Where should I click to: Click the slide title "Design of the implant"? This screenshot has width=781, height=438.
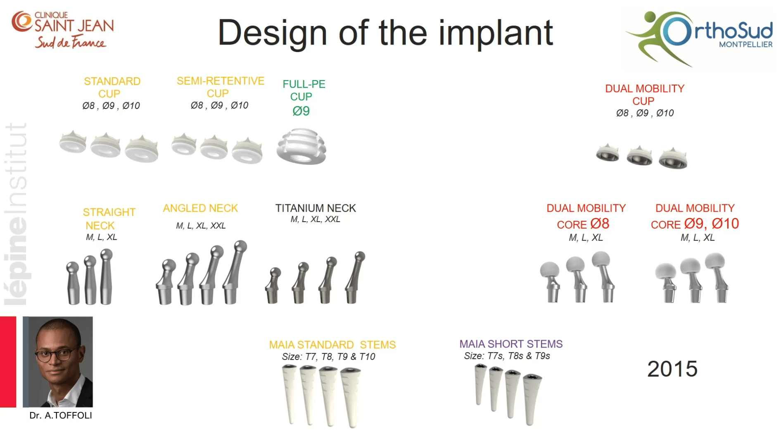click(x=385, y=33)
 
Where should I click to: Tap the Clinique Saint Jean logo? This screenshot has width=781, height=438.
click(x=63, y=30)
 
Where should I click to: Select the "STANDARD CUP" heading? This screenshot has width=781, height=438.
click(x=112, y=88)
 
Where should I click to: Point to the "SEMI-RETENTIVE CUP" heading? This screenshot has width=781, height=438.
click(x=221, y=87)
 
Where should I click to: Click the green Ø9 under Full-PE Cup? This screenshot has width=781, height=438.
click(x=301, y=111)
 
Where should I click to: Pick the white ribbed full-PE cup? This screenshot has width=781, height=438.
click(x=301, y=146)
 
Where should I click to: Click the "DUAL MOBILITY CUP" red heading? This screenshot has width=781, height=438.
click(x=645, y=95)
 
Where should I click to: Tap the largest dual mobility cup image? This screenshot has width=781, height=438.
click(x=673, y=159)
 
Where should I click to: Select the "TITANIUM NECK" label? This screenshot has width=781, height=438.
click(x=316, y=208)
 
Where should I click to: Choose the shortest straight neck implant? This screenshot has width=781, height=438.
click(x=73, y=283)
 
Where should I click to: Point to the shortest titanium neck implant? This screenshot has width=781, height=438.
click(x=273, y=286)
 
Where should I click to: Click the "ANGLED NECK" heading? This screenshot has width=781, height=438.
click(x=200, y=208)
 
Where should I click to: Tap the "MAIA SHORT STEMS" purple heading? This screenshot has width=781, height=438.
click(x=511, y=344)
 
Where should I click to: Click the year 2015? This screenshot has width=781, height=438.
click(x=672, y=369)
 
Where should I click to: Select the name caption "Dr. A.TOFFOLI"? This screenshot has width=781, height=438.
click(x=61, y=415)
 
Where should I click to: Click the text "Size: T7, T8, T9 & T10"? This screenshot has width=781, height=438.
click(x=328, y=357)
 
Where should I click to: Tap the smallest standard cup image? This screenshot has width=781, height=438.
click(x=73, y=142)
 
